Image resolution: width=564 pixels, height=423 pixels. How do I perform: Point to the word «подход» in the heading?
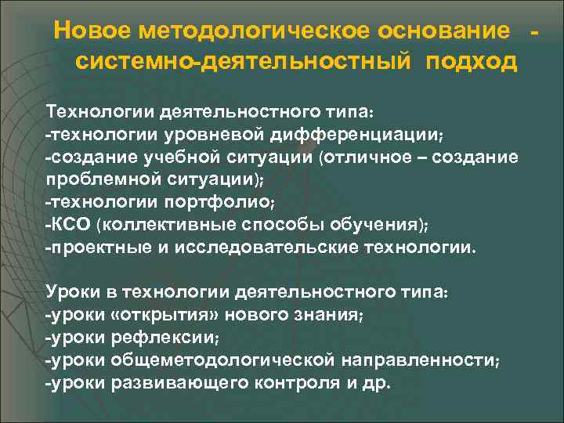tap(472, 61)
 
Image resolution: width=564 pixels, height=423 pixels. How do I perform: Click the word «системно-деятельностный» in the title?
tap(247, 61)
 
